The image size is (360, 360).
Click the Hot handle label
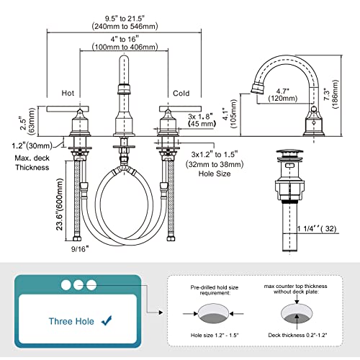click(68, 93)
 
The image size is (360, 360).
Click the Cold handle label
click(181, 93)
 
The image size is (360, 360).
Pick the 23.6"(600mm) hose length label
click(60, 204)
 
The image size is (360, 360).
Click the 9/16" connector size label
click(80, 249)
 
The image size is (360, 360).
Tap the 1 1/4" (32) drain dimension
click(317, 228)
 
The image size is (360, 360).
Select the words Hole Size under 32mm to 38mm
click(215, 174)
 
